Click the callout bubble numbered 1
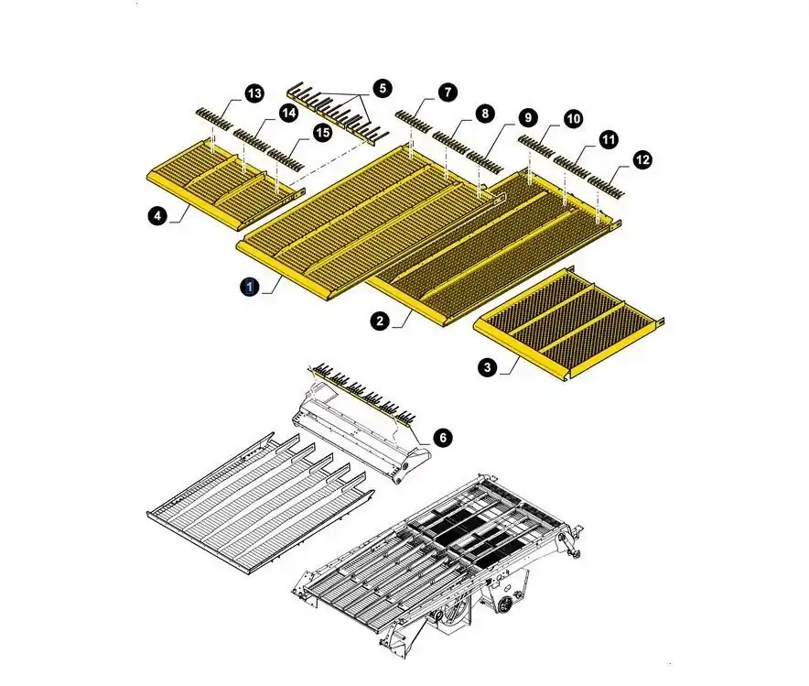click(x=250, y=287)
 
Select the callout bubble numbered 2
click(x=381, y=321)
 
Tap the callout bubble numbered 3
click(x=488, y=367)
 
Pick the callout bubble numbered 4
click(x=157, y=215)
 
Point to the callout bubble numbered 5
click(x=383, y=88)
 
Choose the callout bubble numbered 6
click(x=443, y=438)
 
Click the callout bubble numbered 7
click(x=448, y=93)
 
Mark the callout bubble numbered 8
click(x=484, y=114)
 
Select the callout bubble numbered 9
click(x=528, y=117)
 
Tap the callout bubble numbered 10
click(x=573, y=119)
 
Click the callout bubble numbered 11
click(x=609, y=139)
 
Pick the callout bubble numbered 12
click(x=642, y=160)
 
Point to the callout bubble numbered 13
click(x=253, y=93)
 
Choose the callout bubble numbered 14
click(x=288, y=113)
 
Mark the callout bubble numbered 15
click(x=322, y=133)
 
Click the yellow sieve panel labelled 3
click(x=569, y=323)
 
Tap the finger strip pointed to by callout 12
click(x=606, y=188)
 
